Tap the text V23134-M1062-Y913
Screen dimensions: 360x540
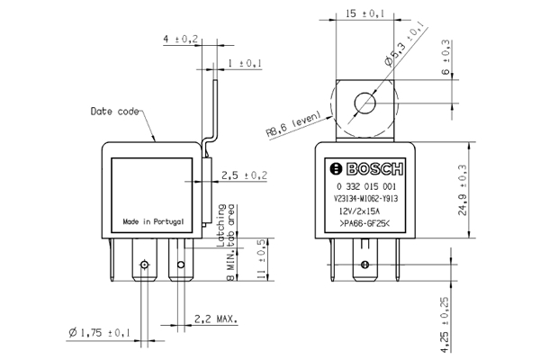tap(364, 197)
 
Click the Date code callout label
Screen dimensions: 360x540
tap(115, 112)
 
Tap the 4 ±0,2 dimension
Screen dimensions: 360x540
tap(180, 40)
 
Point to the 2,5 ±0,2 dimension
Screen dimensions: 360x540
tap(244, 175)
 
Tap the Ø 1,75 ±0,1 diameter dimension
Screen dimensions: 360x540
tap(99, 334)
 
